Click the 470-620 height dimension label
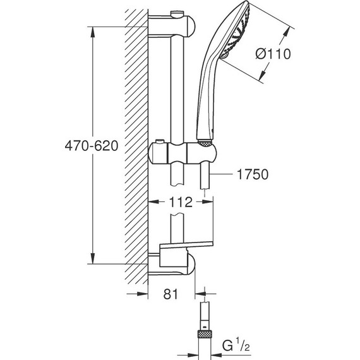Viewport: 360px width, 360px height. [92, 145]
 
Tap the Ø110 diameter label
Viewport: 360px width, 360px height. [273, 54]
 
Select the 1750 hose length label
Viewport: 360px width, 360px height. [253, 174]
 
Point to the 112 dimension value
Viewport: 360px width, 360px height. [181, 202]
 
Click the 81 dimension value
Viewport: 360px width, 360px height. [171, 294]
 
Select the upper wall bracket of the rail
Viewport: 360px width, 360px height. [172, 25]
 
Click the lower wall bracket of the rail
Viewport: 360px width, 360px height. [172, 264]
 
